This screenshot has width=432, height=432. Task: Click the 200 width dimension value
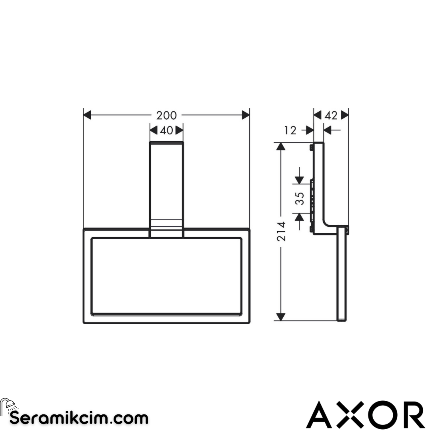pos(166,116)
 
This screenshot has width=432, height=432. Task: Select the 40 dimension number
pos(166,130)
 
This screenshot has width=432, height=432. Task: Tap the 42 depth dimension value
pos(331,116)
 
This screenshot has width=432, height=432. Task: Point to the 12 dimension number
pos(291,130)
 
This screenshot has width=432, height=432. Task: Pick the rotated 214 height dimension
pos(282,231)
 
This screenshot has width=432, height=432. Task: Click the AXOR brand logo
pos(365,414)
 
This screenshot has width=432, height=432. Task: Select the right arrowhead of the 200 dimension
pos(246,116)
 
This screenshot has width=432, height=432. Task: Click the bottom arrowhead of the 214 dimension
pos(281,316)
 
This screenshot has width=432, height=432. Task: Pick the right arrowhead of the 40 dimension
pos(179,130)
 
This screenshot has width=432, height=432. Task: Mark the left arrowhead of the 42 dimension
pos(318,116)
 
